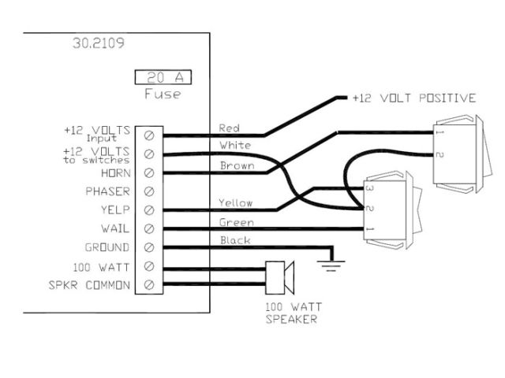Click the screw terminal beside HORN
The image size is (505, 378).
pyautogui.click(x=149, y=172)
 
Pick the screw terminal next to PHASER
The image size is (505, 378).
pyautogui.click(x=149, y=191)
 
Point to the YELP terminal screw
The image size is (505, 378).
pyautogui.click(x=149, y=210)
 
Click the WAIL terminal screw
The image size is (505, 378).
pyautogui.click(x=149, y=229)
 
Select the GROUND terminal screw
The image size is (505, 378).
pyautogui.click(x=149, y=247)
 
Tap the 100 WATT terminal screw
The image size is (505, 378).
pyautogui.click(x=149, y=266)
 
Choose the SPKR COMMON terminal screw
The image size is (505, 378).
pyautogui.click(x=149, y=284)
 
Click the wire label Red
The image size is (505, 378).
pyautogui.click(x=228, y=128)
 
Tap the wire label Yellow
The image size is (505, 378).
pyautogui.click(x=235, y=202)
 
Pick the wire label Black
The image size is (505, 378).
pyautogui.click(x=234, y=240)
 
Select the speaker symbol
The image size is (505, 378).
pyautogui.click(x=281, y=275)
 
